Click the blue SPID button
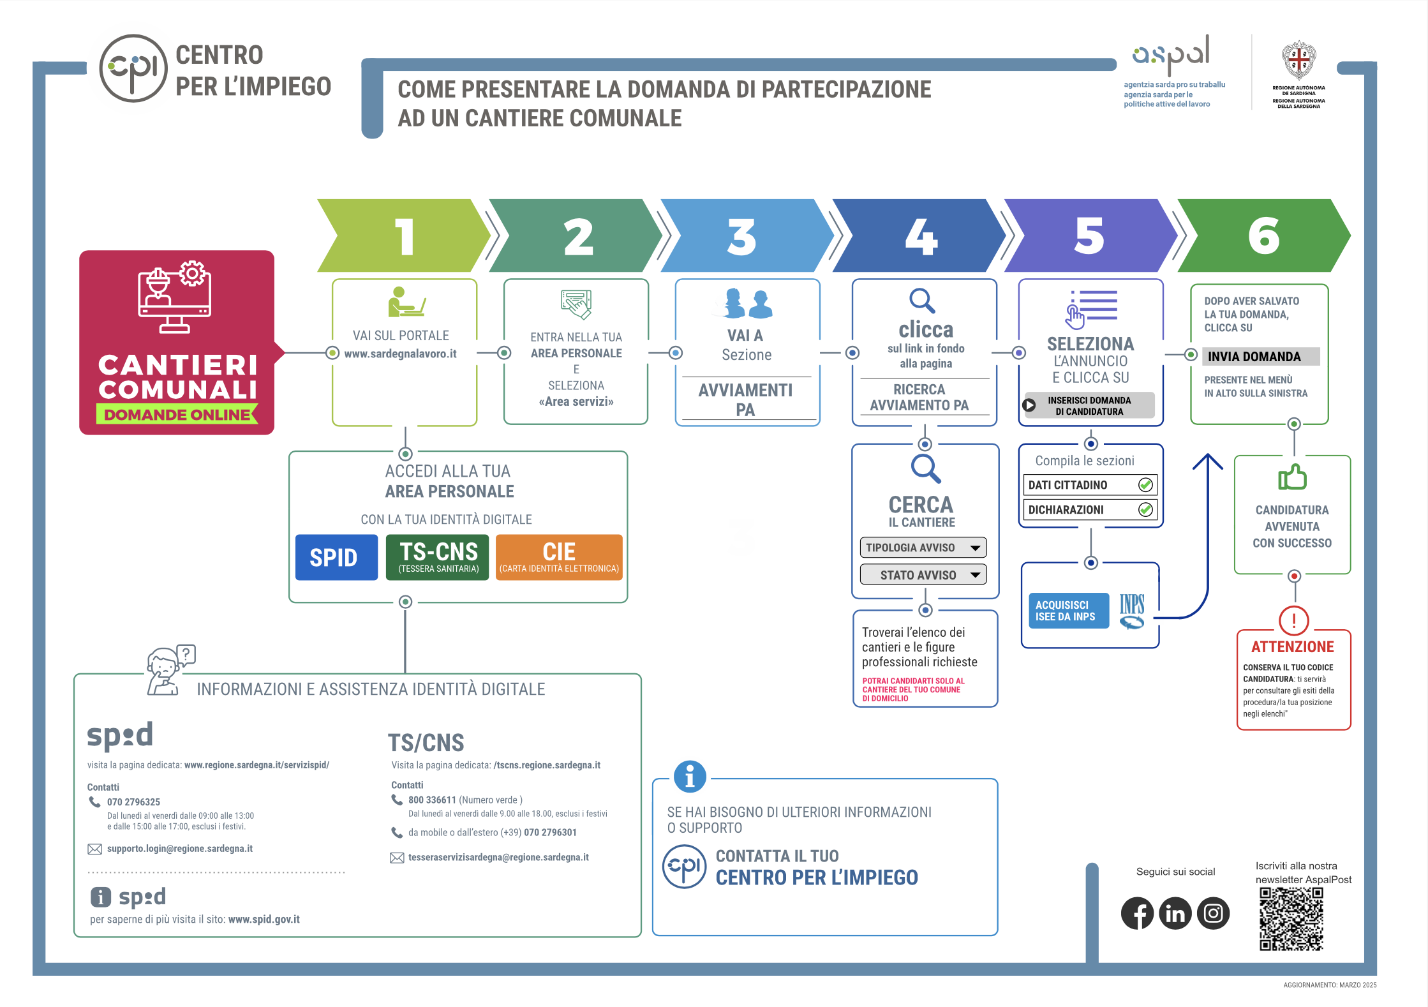[x=336, y=557]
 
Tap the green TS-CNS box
[x=438, y=557]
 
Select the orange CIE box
[x=559, y=557]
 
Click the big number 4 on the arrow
[x=921, y=237]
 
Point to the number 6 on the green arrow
[x=1263, y=235]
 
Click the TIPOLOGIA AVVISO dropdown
[x=923, y=548]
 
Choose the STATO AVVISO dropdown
[x=923, y=575]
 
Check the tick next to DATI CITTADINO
[x=1145, y=485]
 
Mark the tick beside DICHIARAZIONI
[x=1145, y=509]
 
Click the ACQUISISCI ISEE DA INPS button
[x=1068, y=611]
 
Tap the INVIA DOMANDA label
[x=1254, y=357]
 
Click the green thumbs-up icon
[x=1292, y=477]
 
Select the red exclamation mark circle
[x=1293, y=620]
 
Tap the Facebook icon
[x=1137, y=913]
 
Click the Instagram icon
[x=1213, y=913]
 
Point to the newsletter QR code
[x=1291, y=919]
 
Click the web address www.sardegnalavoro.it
[x=400, y=354]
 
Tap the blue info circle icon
[x=690, y=777]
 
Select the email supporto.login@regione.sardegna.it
[x=179, y=849]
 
